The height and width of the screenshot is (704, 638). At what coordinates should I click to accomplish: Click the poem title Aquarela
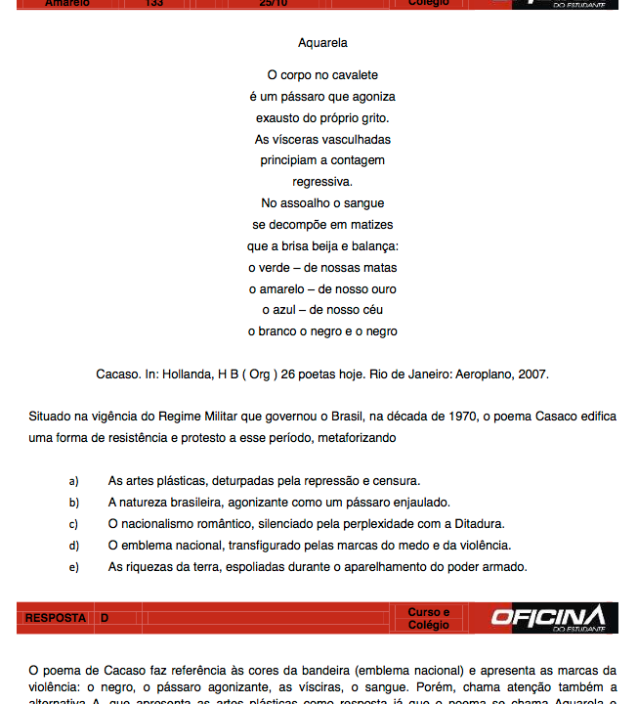coord(322,43)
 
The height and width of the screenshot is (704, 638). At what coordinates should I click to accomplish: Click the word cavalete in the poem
coord(355,75)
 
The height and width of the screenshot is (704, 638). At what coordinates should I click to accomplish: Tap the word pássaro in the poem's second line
coord(306,97)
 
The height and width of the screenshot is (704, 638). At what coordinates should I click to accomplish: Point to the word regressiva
coord(322,182)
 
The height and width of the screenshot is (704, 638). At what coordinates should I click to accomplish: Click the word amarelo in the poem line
coord(281,289)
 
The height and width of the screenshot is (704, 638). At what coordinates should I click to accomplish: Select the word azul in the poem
coord(285,310)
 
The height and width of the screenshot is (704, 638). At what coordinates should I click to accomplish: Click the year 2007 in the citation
coord(532,374)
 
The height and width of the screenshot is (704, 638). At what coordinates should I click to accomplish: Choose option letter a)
coord(74,481)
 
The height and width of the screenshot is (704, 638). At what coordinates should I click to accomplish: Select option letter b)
coord(74,503)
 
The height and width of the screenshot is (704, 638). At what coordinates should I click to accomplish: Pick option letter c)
coord(74,524)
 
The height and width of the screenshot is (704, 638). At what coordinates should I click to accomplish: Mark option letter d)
coord(74,546)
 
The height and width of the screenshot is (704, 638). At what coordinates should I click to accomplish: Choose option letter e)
coord(74,567)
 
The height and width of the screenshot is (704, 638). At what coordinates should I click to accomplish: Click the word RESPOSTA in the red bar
coord(55,618)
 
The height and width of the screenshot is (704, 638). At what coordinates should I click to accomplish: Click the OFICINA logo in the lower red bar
coord(548,617)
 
